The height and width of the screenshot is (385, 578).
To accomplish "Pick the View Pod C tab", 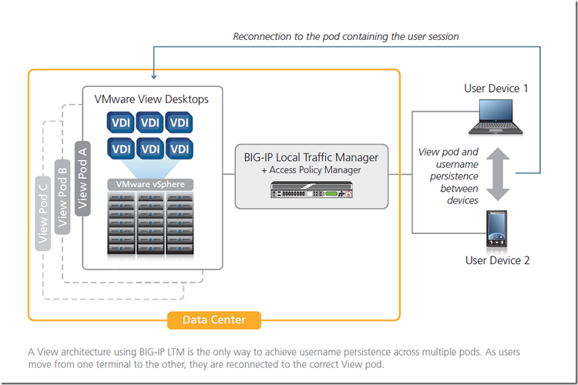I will [44, 211].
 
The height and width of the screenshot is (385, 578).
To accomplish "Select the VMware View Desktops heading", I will [151, 99].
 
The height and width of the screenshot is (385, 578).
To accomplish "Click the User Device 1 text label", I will [496, 89].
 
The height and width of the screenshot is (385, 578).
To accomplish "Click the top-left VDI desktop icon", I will [119, 122].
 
